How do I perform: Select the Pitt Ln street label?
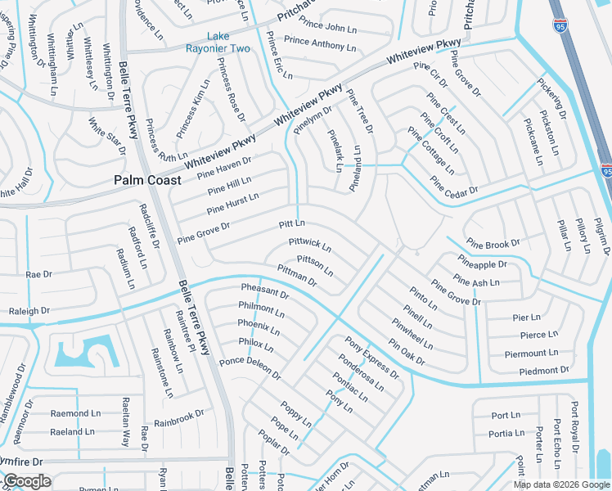tap(291, 223)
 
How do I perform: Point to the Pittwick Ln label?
tap(310, 245)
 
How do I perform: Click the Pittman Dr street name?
tap(297, 275)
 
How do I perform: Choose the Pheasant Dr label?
tap(265, 291)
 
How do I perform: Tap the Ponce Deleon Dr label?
tap(250, 369)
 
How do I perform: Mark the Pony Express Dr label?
tap(372, 358)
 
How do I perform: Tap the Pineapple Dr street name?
tap(482, 264)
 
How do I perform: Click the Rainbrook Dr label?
tap(178, 418)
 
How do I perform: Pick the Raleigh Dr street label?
tap(29, 311)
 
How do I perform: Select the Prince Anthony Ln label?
tap(320, 44)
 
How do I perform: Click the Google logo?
tap(26, 481)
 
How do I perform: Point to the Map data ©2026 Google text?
tap(560, 484)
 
